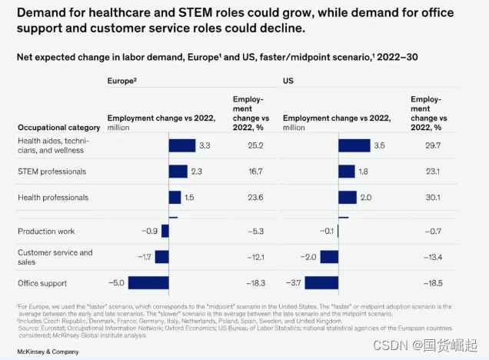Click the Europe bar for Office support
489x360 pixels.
(x=148, y=282)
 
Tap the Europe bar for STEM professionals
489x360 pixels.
(x=178, y=172)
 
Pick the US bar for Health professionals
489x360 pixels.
(x=347, y=198)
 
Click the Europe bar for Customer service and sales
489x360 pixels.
(x=161, y=257)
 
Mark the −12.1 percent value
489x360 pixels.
(x=244, y=257)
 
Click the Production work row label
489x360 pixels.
(x=47, y=231)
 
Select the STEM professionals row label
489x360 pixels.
(x=52, y=172)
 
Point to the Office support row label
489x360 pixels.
(x=42, y=283)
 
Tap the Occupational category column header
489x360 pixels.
(x=58, y=127)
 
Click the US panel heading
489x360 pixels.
(x=288, y=79)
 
